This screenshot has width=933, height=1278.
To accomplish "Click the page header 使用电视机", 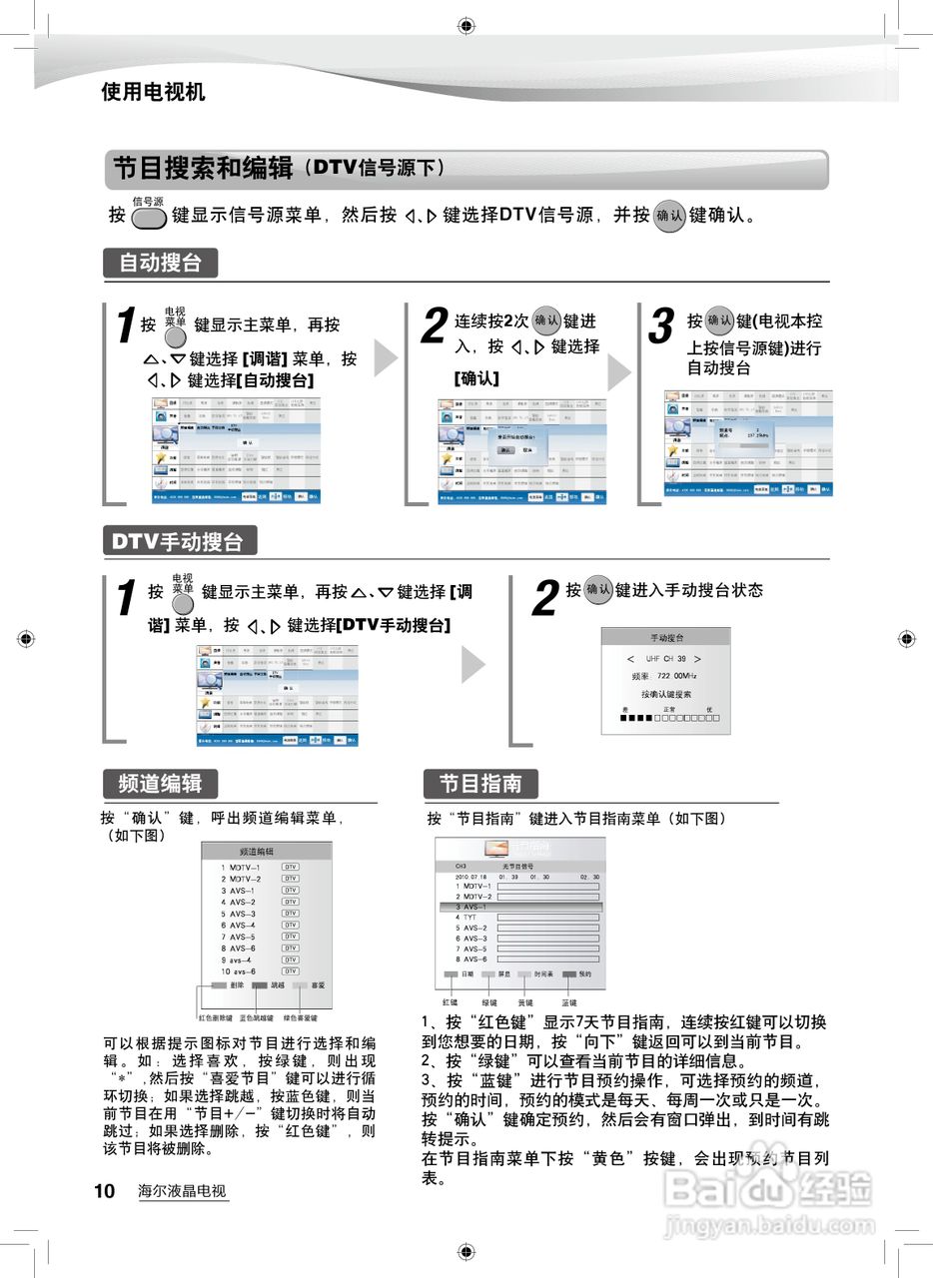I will (x=153, y=92).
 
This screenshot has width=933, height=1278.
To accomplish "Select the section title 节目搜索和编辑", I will (x=203, y=168).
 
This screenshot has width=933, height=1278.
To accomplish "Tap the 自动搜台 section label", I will (x=160, y=263).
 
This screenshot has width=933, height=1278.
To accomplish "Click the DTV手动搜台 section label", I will (x=178, y=541).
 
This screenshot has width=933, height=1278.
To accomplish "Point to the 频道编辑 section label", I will (x=159, y=783).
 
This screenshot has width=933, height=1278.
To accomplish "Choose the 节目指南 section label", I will (x=480, y=783).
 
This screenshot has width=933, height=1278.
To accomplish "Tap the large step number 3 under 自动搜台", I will (x=662, y=326).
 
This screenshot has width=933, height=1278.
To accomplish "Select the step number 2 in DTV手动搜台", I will (x=544, y=598).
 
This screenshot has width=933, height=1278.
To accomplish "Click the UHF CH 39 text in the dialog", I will (x=666, y=659).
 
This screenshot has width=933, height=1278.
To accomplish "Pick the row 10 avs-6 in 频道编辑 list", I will (x=240, y=971).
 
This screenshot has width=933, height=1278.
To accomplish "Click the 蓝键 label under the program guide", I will (x=568, y=1001).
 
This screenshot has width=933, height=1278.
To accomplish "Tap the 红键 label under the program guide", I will (x=451, y=1001).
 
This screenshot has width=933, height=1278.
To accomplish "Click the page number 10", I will (x=105, y=1190).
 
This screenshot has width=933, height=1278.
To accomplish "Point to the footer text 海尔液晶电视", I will (x=182, y=1191).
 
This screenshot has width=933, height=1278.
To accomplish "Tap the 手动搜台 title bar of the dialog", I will (x=667, y=637).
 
